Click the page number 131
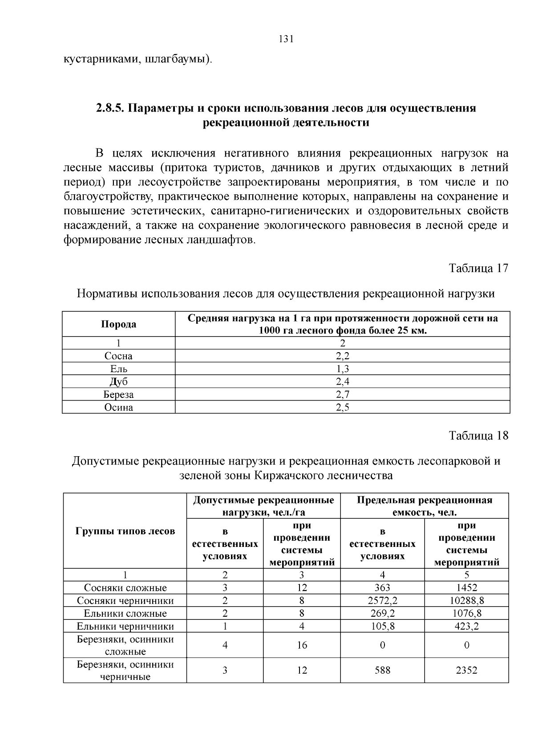pyautogui.click(x=286, y=39)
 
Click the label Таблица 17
pyautogui.click(x=478, y=269)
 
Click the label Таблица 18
pyautogui.click(x=478, y=436)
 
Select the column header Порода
pyautogui.click(x=118, y=324)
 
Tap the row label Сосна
pyautogui.click(x=118, y=356)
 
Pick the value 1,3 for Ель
pyautogui.click(x=342, y=369)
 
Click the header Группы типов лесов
pyautogui.click(x=125, y=531)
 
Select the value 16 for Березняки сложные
pyautogui.click(x=302, y=645)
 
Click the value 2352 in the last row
pyautogui.click(x=466, y=671)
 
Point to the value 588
pyautogui.click(x=382, y=671)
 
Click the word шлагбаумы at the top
pyautogui.click(x=175, y=59)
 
